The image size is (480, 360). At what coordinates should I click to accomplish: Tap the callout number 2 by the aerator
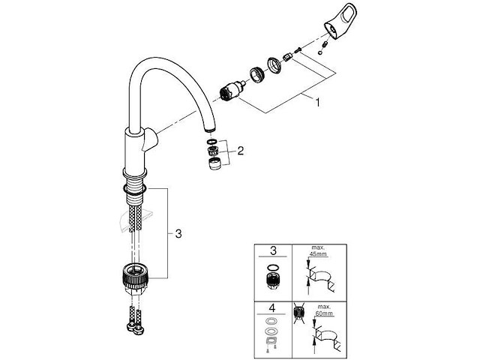tap(241, 150)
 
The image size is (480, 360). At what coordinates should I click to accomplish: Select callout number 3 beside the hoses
tap(177, 234)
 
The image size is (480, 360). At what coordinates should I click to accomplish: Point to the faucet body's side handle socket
tap(151, 138)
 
